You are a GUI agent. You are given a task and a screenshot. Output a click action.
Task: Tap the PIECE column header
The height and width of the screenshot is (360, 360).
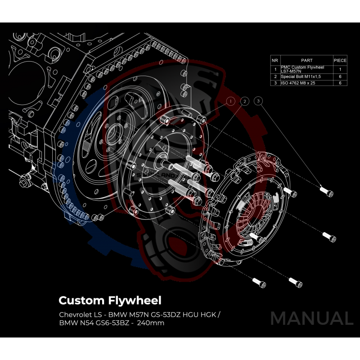pyautogui.click(x=340, y=60)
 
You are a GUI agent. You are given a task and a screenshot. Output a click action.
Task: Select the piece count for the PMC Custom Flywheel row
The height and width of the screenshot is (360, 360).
pyautogui.click(x=340, y=69)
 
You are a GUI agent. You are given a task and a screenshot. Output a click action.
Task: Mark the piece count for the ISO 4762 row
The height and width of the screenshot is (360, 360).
pyautogui.click(x=340, y=83)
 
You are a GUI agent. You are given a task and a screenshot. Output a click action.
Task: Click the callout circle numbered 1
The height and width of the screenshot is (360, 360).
pyautogui.click(x=230, y=101)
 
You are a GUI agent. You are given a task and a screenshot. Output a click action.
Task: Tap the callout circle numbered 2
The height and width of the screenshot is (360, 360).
pyautogui.click(x=244, y=101)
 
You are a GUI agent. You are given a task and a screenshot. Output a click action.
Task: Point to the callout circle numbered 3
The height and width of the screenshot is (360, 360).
pyautogui.click(x=258, y=101)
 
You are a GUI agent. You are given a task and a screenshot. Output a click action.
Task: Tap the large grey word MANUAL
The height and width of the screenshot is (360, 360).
pyautogui.click(x=311, y=318)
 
